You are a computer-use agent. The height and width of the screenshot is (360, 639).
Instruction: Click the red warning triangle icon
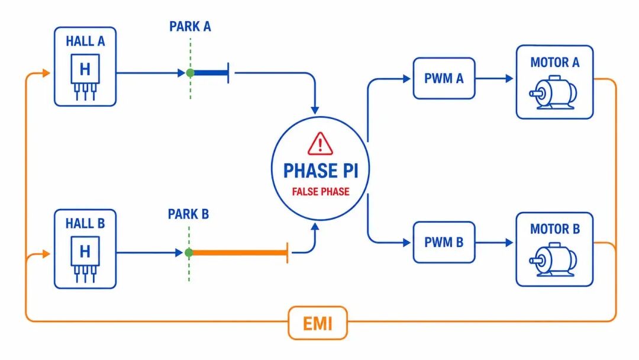[320, 143]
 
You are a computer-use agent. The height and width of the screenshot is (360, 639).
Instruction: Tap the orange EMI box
[318, 323]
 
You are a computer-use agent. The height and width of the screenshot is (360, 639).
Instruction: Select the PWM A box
[444, 78]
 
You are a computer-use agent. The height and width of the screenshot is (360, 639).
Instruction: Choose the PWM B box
[444, 242]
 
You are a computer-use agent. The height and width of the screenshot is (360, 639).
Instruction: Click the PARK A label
[190, 27]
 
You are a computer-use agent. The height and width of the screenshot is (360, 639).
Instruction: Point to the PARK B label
[188, 214]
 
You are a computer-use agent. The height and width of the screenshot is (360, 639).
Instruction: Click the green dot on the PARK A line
[190, 73]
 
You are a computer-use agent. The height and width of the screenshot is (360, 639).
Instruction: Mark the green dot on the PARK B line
[189, 253]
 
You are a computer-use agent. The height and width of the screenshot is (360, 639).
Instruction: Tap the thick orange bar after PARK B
[240, 253]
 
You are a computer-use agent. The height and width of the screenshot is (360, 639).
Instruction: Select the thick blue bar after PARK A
[211, 73]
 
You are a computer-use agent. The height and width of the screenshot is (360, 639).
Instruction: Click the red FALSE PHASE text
[321, 192]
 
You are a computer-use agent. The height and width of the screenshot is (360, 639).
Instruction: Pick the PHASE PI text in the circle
[321, 171]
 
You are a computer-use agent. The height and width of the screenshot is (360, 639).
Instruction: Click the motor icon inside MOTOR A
[553, 92]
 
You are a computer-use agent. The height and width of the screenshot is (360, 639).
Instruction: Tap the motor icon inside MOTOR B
[553, 260]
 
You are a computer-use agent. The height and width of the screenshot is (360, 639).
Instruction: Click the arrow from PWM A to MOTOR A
[494, 78]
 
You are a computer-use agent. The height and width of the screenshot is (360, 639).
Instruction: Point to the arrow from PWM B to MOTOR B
[494, 243]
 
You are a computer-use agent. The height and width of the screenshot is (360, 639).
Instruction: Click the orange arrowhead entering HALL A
[46, 73]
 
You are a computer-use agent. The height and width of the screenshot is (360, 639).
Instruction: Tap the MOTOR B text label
[554, 229]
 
